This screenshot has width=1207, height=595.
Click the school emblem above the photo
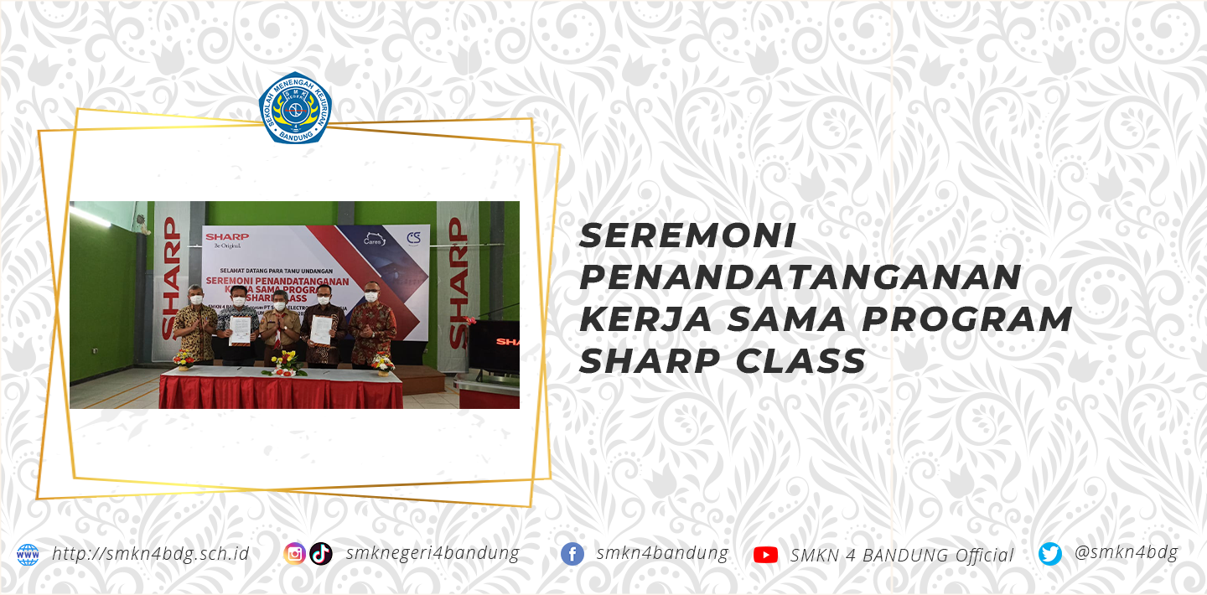click(x=295, y=108)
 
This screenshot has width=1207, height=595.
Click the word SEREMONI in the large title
click(x=687, y=236)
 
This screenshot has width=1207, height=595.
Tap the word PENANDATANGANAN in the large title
click(x=800, y=278)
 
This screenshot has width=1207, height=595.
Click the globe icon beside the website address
click(x=28, y=555)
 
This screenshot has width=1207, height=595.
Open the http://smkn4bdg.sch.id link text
click(x=151, y=554)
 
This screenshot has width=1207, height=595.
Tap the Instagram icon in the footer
click(x=294, y=554)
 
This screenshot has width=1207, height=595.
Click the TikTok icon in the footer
click(x=321, y=554)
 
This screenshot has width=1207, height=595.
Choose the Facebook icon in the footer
click(x=572, y=554)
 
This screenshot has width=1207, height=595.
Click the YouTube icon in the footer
click(x=765, y=555)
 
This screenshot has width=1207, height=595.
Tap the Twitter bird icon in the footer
click(x=1050, y=554)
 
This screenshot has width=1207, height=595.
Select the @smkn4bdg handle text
click(x=1126, y=552)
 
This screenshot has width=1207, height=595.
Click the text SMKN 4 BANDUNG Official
click(x=902, y=555)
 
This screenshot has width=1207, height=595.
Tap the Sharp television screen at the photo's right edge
click(x=494, y=344)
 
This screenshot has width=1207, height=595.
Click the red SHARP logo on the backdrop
click(x=226, y=237)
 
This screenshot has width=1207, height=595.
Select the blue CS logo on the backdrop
click(x=414, y=238)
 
